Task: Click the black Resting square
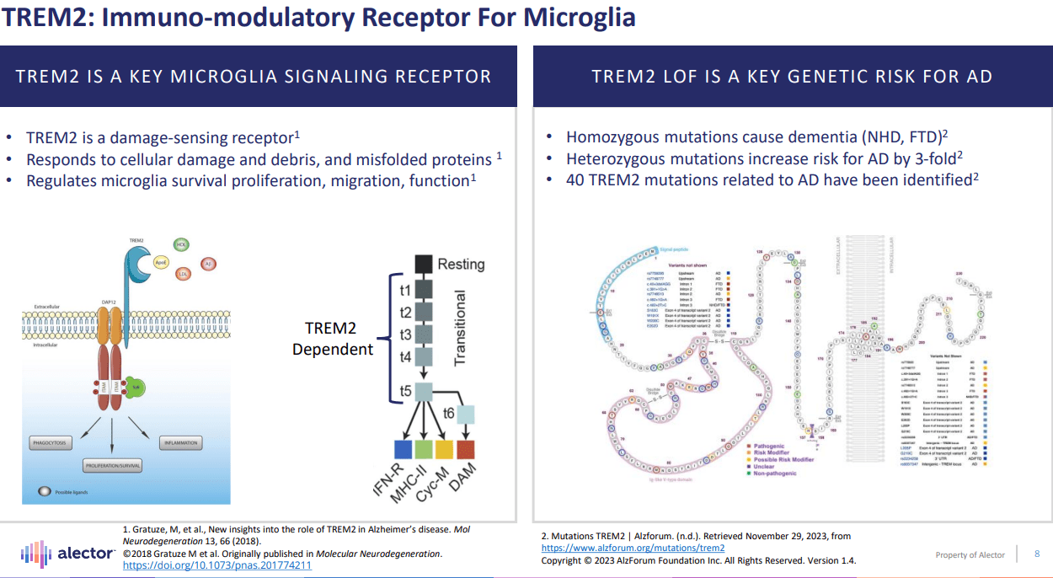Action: tap(423, 264)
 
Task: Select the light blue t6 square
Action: tap(465, 413)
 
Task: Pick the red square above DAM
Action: tap(466, 449)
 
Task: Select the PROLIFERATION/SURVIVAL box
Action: tap(112, 464)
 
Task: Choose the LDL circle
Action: tap(183, 273)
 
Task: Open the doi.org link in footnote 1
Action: tap(217, 565)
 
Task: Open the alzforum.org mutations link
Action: tap(632, 548)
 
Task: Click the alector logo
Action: tap(67, 553)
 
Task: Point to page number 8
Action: tap(1037, 554)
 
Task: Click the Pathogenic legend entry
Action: tap(768, 445)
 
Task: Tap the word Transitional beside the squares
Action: tap(460, 328)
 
